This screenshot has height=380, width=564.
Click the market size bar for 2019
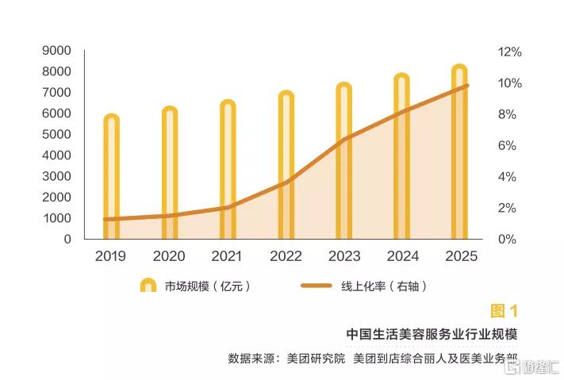click(111, 178)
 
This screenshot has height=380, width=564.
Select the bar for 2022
click(286, 167)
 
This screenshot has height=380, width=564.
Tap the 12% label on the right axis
click(509, 52)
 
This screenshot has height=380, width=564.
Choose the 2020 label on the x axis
click(169, 256)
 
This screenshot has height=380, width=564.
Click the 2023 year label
click(343, 256)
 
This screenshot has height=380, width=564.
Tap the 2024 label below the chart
click(402, 256)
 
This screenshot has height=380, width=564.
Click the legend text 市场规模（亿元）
click(208, 286)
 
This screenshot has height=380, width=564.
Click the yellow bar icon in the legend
click(148, 286)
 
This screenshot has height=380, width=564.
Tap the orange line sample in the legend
click(318, 286)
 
